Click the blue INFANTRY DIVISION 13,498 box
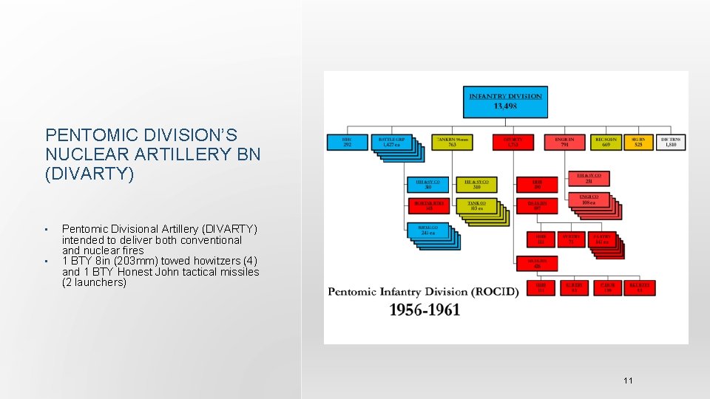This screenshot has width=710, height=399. click(x=505, y=101)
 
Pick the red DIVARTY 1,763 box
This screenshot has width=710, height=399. click(x=513, y=142)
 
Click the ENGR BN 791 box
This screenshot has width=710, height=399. click(x=565, y=142)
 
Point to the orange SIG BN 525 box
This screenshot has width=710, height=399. click(x=638, y=142)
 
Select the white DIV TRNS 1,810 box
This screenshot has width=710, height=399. click(x=670, y=142)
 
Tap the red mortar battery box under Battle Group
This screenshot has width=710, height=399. click(x=427, y=205)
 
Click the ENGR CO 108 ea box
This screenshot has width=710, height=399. click(x=588, y=200)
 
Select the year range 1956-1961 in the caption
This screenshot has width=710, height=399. click(x=425, y=310)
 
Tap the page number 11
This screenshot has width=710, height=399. click(x=628, y=381)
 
